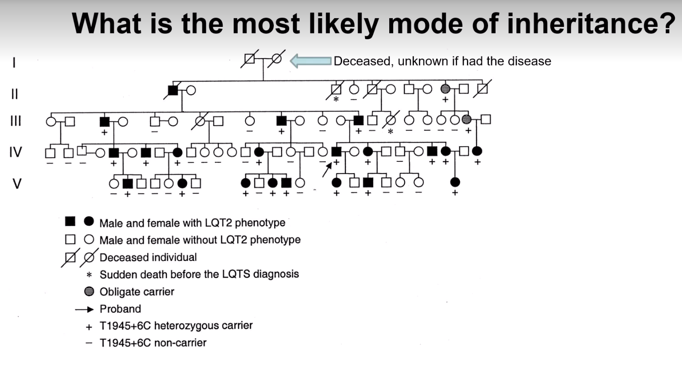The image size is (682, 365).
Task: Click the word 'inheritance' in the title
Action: pyautogui.click(x=582, y=23)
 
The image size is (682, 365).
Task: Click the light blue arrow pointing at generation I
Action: pyautogui.click(x=310, y=61)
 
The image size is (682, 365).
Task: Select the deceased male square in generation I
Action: pyautogui.click(x=250, y=59)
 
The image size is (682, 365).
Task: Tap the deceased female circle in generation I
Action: pyautogui.click(x=276, y=59)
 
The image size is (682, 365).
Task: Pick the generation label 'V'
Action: pyautogui.click(x=17, y=183)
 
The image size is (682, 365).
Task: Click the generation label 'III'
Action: pyautogui.click(x=16, y=121)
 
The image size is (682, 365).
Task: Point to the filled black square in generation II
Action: pyautogui.click(x=173, y=90)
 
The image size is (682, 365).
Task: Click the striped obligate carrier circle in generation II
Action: pyautogui.click(x=445, y=89)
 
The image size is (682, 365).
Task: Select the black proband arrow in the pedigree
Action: pyautogui.click(x=327, y=170)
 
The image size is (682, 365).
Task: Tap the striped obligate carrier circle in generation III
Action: pyautogui.click(x=466, y=119)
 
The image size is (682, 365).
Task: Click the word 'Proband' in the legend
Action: pyautogui.click(x=120, y=309)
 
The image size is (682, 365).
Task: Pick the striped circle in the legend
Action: pyautogui.click(x=89, y=291)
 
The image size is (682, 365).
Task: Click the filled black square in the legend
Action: pyautogui.click(x=70, y=221)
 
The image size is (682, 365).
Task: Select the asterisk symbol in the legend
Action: pyautogui.click(x=89, y=275)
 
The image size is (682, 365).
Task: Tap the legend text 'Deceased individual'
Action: pyautogui.click(x=148, y=257)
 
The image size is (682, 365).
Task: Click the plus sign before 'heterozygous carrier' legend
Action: pyautogui.click(x=89, y=327)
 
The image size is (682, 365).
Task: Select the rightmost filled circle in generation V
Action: pyautogui.click(x=455, y=182)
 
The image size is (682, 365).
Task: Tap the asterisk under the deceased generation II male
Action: pyautogui.click(x=336, y=99)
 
